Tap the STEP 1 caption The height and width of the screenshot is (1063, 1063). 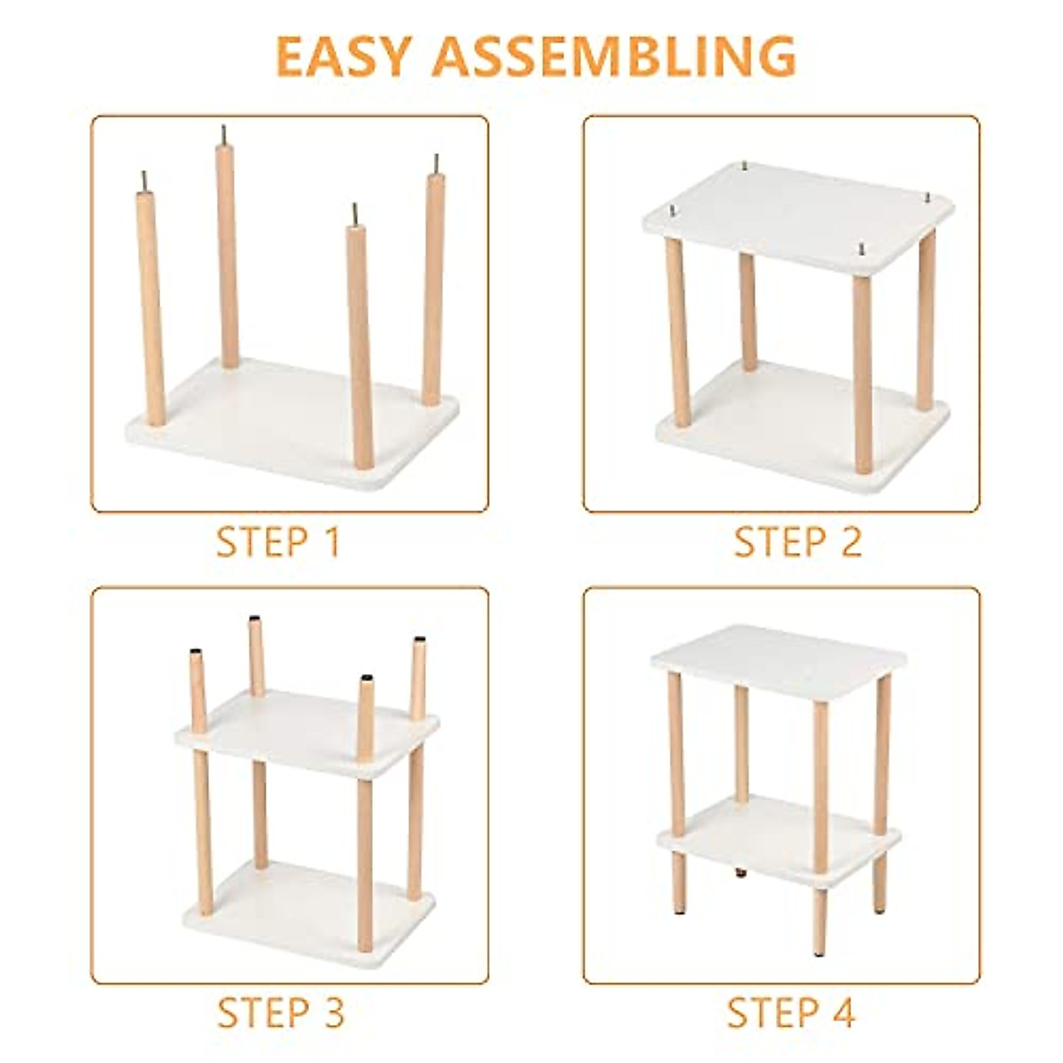point(278,542)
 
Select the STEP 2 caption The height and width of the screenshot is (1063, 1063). point(797,542)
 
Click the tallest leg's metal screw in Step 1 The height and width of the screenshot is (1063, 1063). point(223,133)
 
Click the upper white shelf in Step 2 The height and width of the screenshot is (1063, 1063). point(797,213)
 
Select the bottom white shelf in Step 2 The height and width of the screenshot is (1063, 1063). point(797,425)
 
